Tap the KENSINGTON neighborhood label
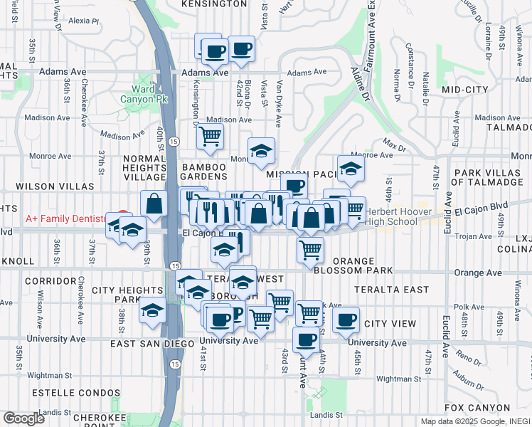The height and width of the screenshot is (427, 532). [214, 4]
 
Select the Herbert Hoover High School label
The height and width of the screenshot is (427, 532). [392, 216]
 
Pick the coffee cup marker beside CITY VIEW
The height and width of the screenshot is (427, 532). [346, 320]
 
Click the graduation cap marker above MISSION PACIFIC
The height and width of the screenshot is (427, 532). [262, 150]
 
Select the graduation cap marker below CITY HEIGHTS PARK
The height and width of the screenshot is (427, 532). [151, 310]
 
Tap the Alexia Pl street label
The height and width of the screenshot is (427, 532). [84, 21]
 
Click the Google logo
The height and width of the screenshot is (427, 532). [23, 418]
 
